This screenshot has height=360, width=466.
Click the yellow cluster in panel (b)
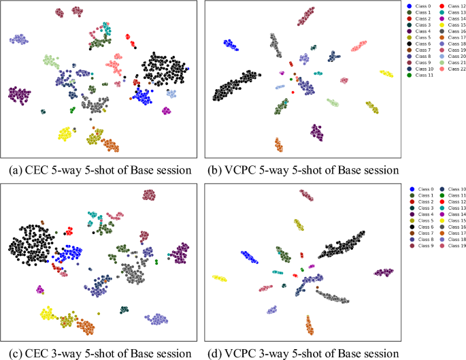click(x=386, y=73)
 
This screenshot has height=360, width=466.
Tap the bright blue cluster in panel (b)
click(x=230, y=45)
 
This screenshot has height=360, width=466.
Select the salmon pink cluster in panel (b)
click(x=359, y=46)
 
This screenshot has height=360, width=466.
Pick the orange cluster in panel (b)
click(x=278, y=144)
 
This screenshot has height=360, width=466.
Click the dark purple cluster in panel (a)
click(x=19, y=95)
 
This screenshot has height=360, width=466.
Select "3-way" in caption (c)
click(x=71, y=353)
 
